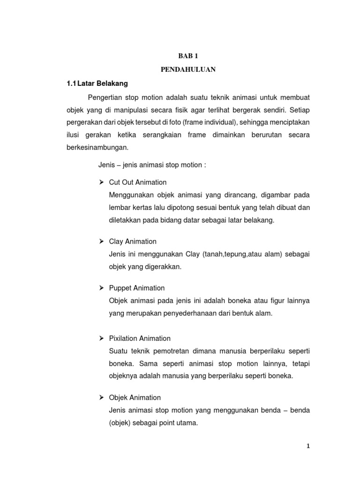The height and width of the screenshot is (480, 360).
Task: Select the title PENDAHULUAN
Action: click(x=188, y=70)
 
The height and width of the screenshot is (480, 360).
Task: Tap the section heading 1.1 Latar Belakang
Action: click(x=97, y=84)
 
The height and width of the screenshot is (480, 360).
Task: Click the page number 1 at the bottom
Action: click(x=308, y=446)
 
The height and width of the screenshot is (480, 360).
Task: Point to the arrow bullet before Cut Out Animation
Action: click(x=101, y=182)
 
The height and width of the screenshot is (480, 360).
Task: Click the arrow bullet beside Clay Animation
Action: click(x=101, y=241)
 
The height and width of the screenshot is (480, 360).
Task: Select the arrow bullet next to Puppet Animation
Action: click(x=101, y=288)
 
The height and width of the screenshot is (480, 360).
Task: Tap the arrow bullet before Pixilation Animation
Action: click(x=101, y=338)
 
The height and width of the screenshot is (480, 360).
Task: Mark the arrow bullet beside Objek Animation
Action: click(x=101, y=397)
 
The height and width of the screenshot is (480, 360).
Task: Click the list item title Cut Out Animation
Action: click(x=138, y=182)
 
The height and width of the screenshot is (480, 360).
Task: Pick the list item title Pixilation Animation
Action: click(x=140, y=338)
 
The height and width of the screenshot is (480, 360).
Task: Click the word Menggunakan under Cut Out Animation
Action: click(x=127, y=195)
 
